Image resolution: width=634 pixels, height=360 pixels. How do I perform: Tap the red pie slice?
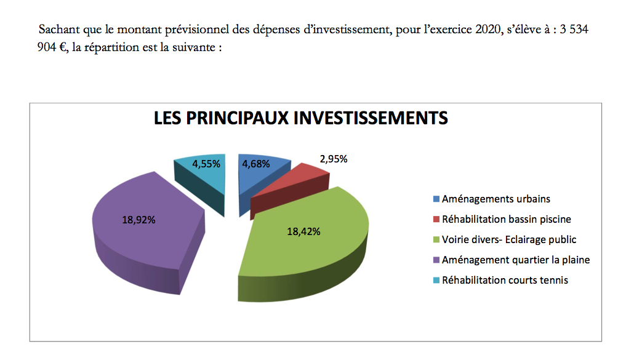click(x=289, y=185)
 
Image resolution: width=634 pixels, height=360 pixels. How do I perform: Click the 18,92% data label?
click(x=138, y=219)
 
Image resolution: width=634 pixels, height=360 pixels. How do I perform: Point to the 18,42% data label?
click(x=304, y=232)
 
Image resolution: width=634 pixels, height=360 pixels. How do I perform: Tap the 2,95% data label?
click(x=333, y=159)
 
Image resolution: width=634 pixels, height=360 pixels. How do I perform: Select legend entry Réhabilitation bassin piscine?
click(x=507, y=219)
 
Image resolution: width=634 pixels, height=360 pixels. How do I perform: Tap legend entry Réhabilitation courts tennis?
click(x=505, y=280)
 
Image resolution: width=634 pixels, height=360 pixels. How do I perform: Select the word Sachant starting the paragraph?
click(x=57, y=30)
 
